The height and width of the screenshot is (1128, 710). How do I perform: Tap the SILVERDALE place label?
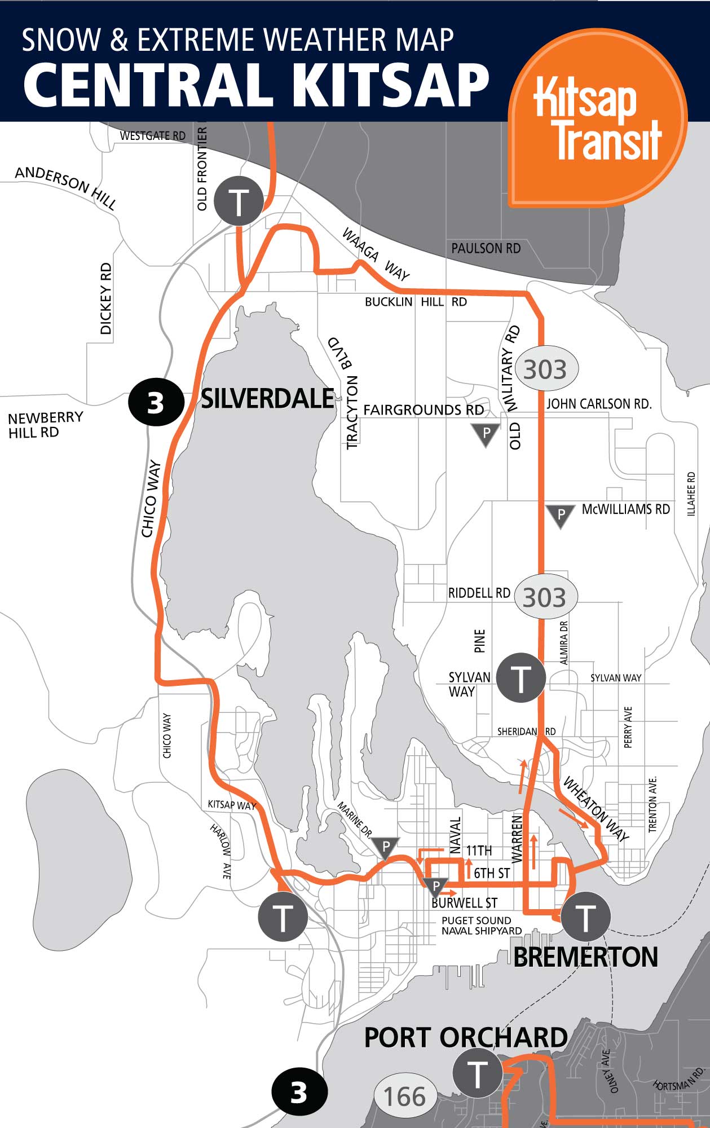(268, 399)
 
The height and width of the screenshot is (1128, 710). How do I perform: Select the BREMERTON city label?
(585, 957)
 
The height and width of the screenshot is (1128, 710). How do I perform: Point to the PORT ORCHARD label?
(466, 1038)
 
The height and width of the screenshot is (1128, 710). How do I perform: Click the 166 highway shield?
(404, 1096)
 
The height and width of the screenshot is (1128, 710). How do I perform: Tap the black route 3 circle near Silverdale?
(156, 403)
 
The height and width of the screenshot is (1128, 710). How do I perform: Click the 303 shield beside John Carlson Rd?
(545, 369)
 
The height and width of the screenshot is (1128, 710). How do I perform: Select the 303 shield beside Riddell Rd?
(544, 597)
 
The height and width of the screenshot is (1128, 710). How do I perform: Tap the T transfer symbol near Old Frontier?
(239, 201)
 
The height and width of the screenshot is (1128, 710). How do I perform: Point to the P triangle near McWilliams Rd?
(561, 514)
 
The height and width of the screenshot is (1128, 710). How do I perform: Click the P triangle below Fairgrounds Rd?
(486, 434)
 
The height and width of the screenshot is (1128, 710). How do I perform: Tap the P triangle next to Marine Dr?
(386, 847)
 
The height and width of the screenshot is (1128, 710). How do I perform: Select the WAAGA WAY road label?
(376, 254)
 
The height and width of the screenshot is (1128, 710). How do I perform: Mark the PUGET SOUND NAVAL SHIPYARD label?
(481, 926)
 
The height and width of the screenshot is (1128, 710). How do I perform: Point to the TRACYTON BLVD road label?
(345, 393)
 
